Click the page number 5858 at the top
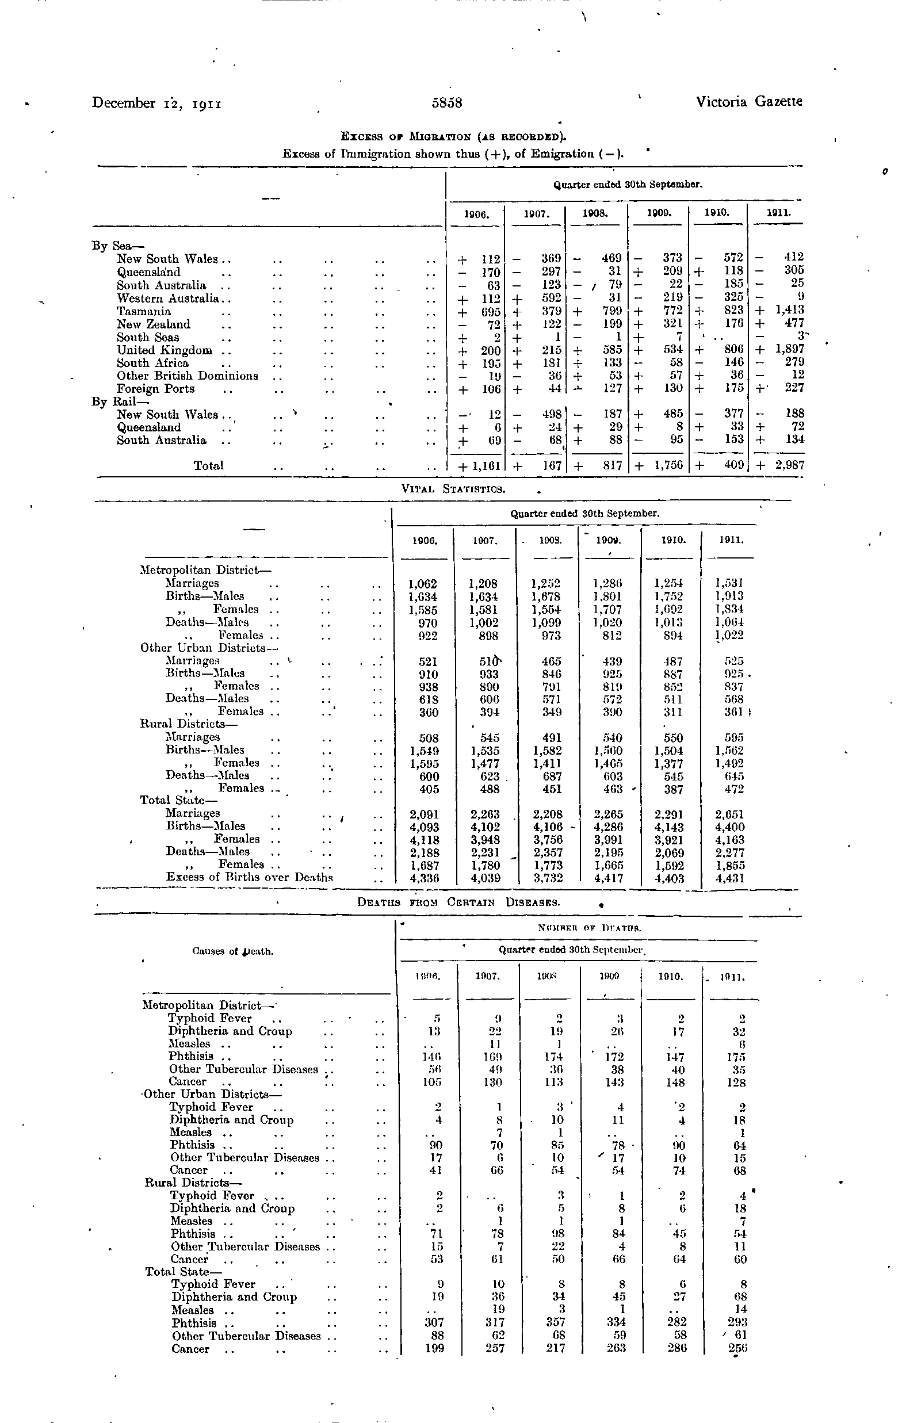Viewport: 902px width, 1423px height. click(x=446, y=103)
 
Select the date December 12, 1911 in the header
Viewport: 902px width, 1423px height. click(x=156, y=103)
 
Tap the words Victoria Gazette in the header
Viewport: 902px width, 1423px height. click(x=749, y=102)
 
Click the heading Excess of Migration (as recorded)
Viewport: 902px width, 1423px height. click(x=453, y=137)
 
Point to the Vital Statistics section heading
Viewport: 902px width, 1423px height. click(x=453, y=489)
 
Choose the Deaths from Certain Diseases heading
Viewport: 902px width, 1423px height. click(x=458, y=902)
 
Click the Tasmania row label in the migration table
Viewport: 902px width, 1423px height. click(x=144, y=311)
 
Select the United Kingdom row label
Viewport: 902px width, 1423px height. click(x=165, y=350)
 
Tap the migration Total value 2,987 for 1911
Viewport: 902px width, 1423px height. click(x=790, y=465)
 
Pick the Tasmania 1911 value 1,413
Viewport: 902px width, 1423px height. click(x=790, y=309)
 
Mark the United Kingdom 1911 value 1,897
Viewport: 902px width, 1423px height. click(x=790, y=349)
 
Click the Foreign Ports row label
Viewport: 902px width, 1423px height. click(x=155, y=389)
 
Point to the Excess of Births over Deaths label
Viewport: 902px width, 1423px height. click(x=250, y=877)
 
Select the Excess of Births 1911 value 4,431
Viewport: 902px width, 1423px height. click(x=729, y=878)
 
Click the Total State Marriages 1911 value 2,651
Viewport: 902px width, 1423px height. click(x=729, y=814)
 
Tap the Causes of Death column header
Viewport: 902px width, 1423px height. click(x=233, y=951)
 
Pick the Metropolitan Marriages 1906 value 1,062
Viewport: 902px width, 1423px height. click(x=423, y=584)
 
